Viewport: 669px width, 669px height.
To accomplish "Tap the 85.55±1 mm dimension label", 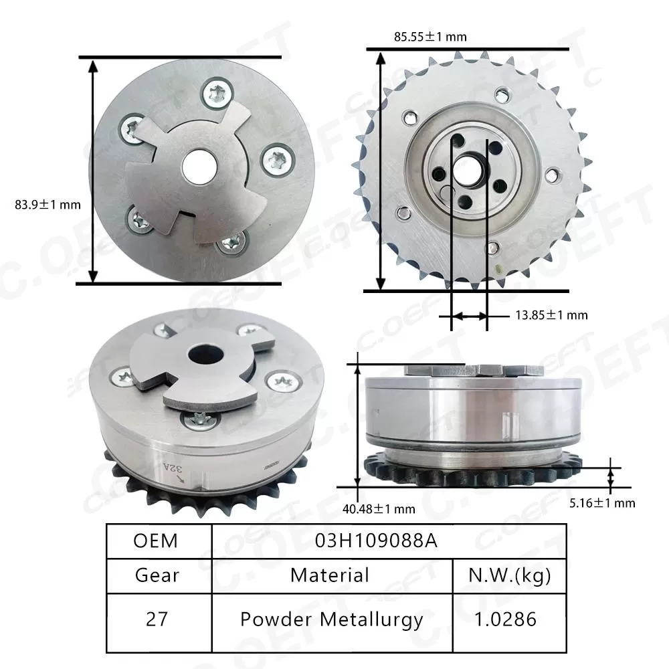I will (x=429, y=37).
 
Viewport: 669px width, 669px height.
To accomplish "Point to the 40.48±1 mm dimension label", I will (x=379, y=509).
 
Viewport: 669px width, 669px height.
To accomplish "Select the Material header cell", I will (x=330, y=575).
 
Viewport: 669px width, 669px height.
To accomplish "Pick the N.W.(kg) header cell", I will (x=509, y=575).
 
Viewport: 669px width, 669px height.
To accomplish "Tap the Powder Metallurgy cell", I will (x=331, y=619).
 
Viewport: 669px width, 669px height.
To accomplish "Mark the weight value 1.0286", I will (x=509, y=619).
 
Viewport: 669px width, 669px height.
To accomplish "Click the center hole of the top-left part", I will (x=199, y=165).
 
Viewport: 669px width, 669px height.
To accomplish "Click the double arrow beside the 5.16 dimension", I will (x=610, y=477).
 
